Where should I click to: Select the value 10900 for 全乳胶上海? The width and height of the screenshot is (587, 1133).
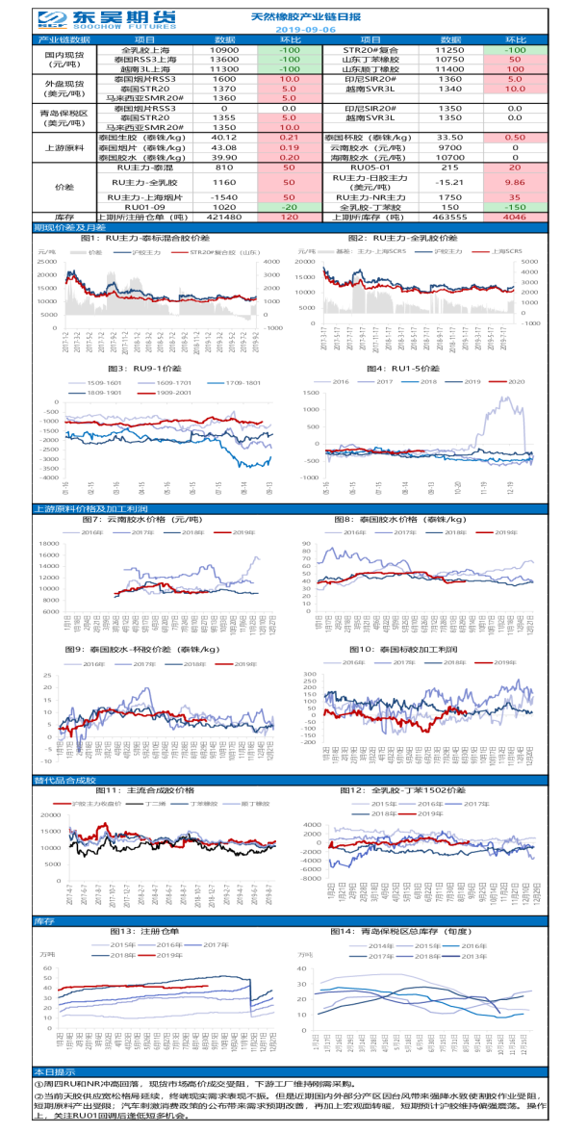coord(223,49)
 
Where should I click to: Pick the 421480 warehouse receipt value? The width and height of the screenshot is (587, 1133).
coord(223,218)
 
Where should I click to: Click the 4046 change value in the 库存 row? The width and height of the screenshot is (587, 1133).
coord(515,218)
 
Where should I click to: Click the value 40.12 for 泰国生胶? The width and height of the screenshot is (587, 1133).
coord(223,138)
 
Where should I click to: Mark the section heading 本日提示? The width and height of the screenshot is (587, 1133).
coord(54,1071)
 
